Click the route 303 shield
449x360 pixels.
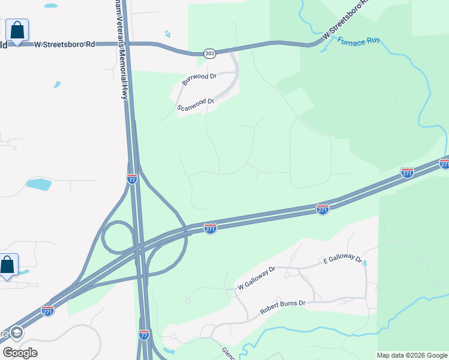tap(209, 53)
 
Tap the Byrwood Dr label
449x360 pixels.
tap(199, 79)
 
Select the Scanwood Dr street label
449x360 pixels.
tap(196, 105)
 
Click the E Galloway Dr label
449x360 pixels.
tap(343, 260)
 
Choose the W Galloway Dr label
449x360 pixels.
tap(256, 277)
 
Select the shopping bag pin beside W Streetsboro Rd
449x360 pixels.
tap(17, 30)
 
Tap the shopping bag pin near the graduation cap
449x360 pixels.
tap(8, 265)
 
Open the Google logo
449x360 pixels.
tap(20, 352)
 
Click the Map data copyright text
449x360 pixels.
tap(412, 355)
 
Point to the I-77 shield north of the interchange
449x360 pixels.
tap(132, 178)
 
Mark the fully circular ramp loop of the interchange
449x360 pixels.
tap(118, 237)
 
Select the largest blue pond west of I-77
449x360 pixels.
tap(39, 184)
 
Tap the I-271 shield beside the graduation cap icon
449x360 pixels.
tap(48, 311)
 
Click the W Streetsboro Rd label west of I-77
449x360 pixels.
tap(65, 44)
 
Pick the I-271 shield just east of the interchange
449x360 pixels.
tap(209, 229)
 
